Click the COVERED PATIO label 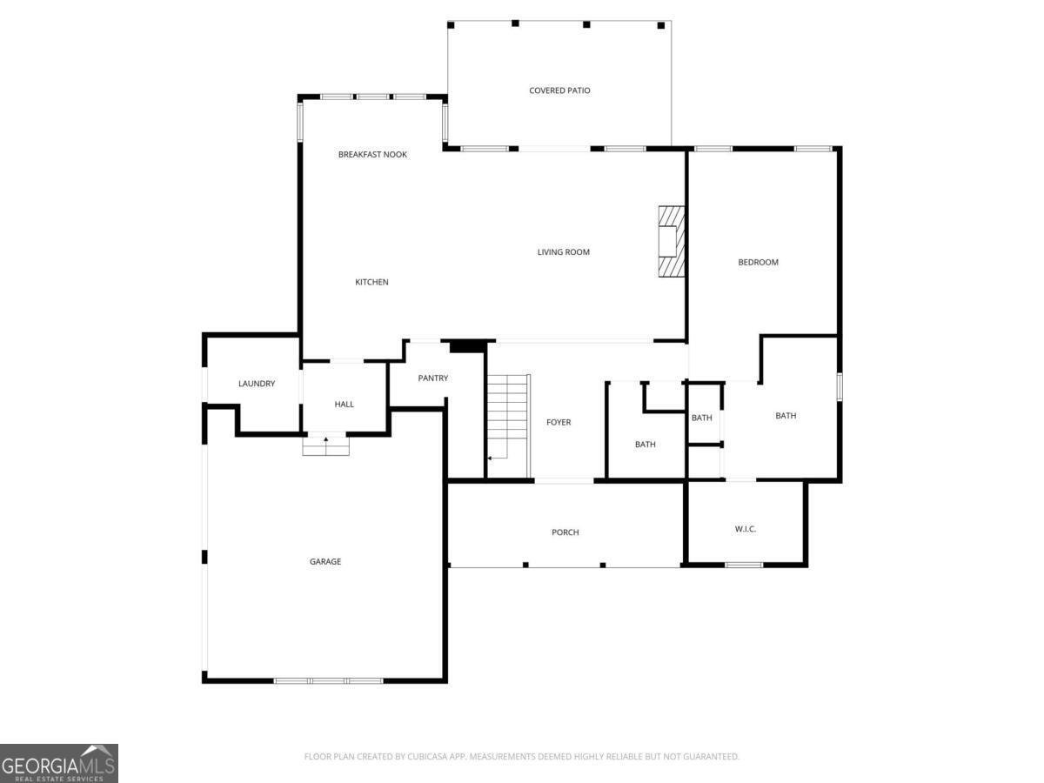point(559,90)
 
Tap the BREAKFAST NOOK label point(372,155)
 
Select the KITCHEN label point(371,282)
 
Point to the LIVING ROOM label point(563,252)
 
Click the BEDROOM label point(758,262)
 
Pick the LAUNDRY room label point(257,383)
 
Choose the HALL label point(344,404)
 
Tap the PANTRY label point(432,378)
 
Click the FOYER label point(559,422)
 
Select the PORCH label point(565,532)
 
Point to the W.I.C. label point(746,529)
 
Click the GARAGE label point(325,561)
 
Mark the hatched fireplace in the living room point(672,242)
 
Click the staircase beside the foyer point(508,425)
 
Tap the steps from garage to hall point(325,446)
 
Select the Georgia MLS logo point(59,763)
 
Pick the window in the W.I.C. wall point(744,565)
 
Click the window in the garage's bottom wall point(329,681)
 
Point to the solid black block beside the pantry point(467,346)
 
